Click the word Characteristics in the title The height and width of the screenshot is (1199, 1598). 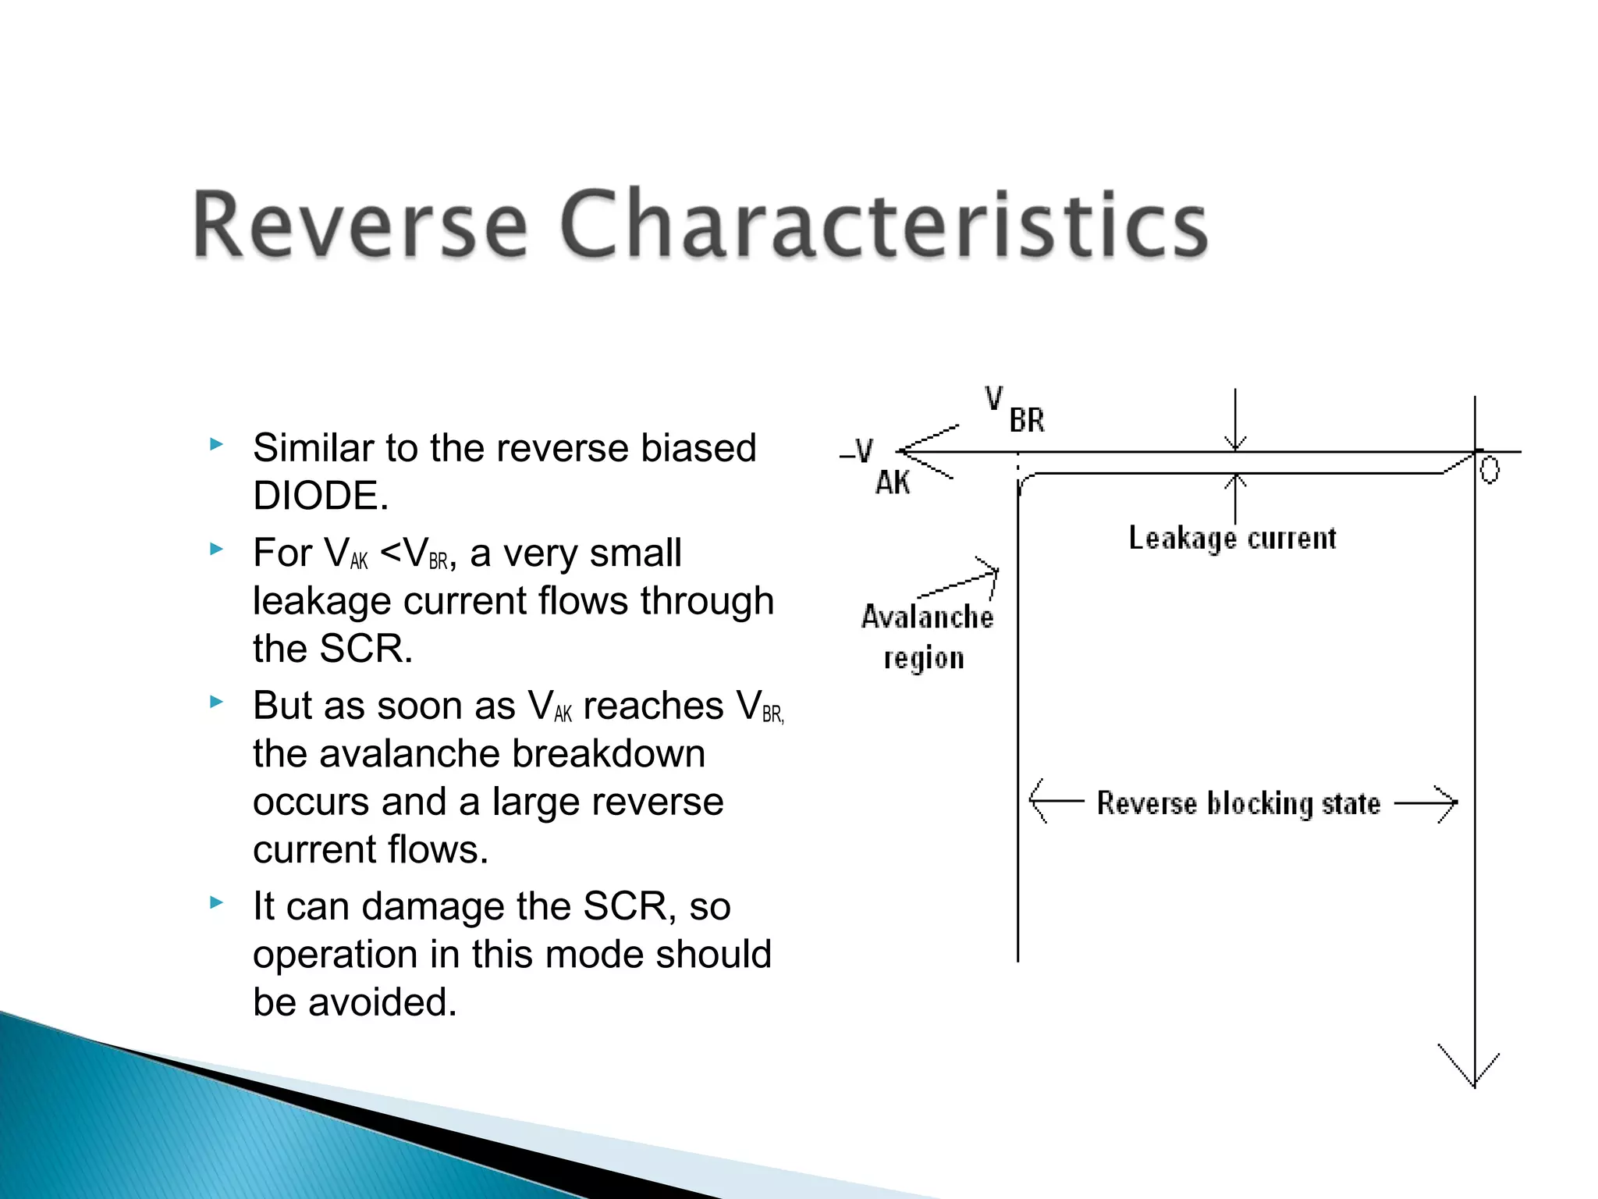tap(883, 225)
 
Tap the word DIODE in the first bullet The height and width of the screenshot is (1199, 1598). tap(320, 496)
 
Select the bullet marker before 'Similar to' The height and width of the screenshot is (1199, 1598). tap(216, 445)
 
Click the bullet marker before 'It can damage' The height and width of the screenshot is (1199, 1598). tap(216, 903)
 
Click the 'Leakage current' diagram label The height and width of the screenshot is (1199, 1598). tap(1231, 539)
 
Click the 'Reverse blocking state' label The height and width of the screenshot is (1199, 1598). tap(1238, 803)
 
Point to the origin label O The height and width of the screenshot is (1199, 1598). tap(1489, 470)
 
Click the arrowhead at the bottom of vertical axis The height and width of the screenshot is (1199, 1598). tap(1473, 1073)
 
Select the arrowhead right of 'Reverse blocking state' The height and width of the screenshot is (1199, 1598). tap(1444, 802)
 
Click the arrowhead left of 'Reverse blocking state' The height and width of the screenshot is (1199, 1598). tap(1041, 801)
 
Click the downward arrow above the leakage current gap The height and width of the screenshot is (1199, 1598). tap(1234, 425)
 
